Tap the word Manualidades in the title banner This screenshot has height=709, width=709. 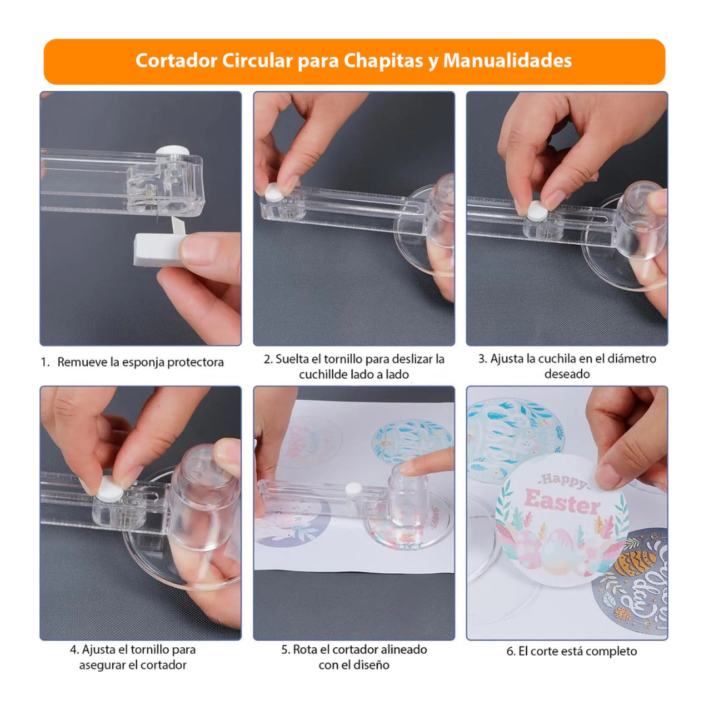click(507, 60)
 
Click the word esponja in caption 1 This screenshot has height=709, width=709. click(143, 362)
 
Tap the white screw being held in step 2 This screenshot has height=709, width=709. click(274, 192)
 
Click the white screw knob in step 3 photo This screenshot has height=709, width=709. click(537, 211)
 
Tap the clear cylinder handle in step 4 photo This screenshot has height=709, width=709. click(204, 496)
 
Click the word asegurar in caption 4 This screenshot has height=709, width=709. click(102, 665)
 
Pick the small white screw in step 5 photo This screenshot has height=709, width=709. click(353, 489)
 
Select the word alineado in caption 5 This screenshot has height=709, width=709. click(404, 650)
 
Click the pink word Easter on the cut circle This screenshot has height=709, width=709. click(563, 502)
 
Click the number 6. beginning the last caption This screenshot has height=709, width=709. click(511, 652)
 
